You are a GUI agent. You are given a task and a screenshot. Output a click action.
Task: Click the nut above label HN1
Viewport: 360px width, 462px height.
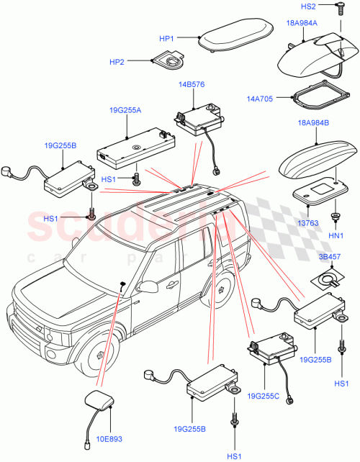(336, 217)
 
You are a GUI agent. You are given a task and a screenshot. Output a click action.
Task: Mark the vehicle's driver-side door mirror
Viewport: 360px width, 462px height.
(150, 286)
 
